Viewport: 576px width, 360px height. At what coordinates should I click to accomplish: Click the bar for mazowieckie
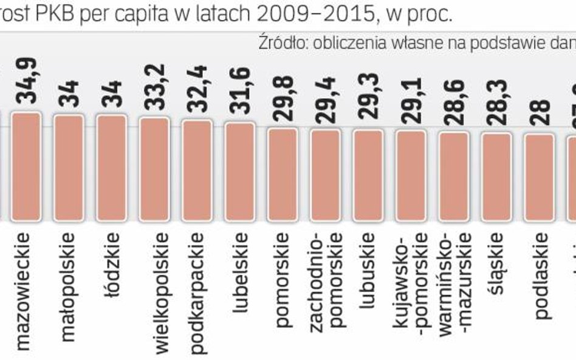26,166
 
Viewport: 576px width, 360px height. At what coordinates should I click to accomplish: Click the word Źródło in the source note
276,42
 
